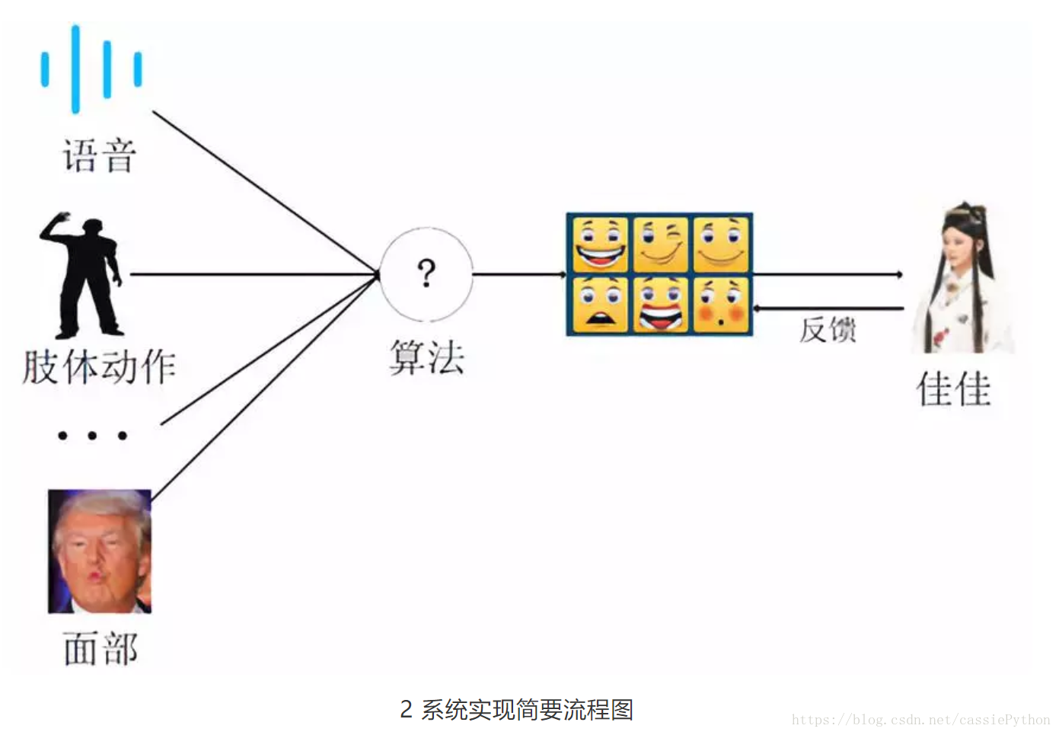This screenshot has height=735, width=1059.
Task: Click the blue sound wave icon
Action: coord(91,69)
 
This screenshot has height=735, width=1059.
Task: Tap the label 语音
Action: coord(99,156)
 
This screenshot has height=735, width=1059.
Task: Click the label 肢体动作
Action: coord(99,367)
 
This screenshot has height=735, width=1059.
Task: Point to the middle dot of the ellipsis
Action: coord(92,436)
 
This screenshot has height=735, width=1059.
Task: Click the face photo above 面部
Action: coord(100,551)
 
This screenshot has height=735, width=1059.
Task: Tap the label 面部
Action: coord(100,649)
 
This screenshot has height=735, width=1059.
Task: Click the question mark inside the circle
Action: coord(426,273)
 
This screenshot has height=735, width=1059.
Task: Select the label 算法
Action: coord(426,357)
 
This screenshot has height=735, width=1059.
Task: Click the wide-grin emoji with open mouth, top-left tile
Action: coord(600,244)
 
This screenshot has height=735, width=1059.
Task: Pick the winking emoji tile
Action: coord(660,244)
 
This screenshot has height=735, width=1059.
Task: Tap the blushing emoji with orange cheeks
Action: coord(720,305)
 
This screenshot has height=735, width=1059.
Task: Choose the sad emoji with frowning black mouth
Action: coord(600,305)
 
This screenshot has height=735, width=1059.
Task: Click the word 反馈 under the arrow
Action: coord(828,330)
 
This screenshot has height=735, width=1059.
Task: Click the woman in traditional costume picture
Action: coord(962,278)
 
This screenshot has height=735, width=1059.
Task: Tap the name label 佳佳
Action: coord(954,389)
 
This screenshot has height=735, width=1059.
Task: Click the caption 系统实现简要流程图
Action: coord(528,710)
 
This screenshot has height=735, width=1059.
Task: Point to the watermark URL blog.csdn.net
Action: coord(920,720)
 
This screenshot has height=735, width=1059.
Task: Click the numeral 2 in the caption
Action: coord(407,710)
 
